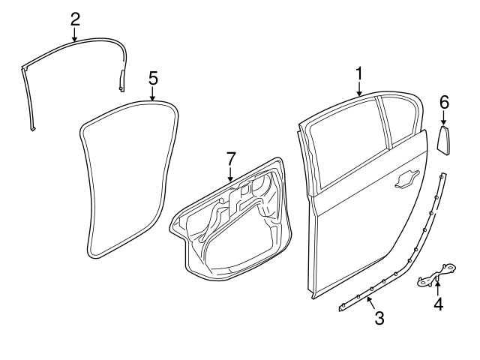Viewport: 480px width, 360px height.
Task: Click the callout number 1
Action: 359,73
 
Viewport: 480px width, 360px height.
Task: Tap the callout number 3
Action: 379,318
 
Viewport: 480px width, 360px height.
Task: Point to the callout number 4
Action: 438,304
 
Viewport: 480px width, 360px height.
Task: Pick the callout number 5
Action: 152,77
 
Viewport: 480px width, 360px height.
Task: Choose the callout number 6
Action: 443,101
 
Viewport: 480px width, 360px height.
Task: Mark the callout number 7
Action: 231,158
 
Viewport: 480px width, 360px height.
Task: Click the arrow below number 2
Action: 74,34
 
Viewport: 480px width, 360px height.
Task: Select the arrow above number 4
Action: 438,286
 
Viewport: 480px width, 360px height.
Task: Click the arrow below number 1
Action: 359,90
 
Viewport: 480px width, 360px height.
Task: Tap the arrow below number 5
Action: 152,94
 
